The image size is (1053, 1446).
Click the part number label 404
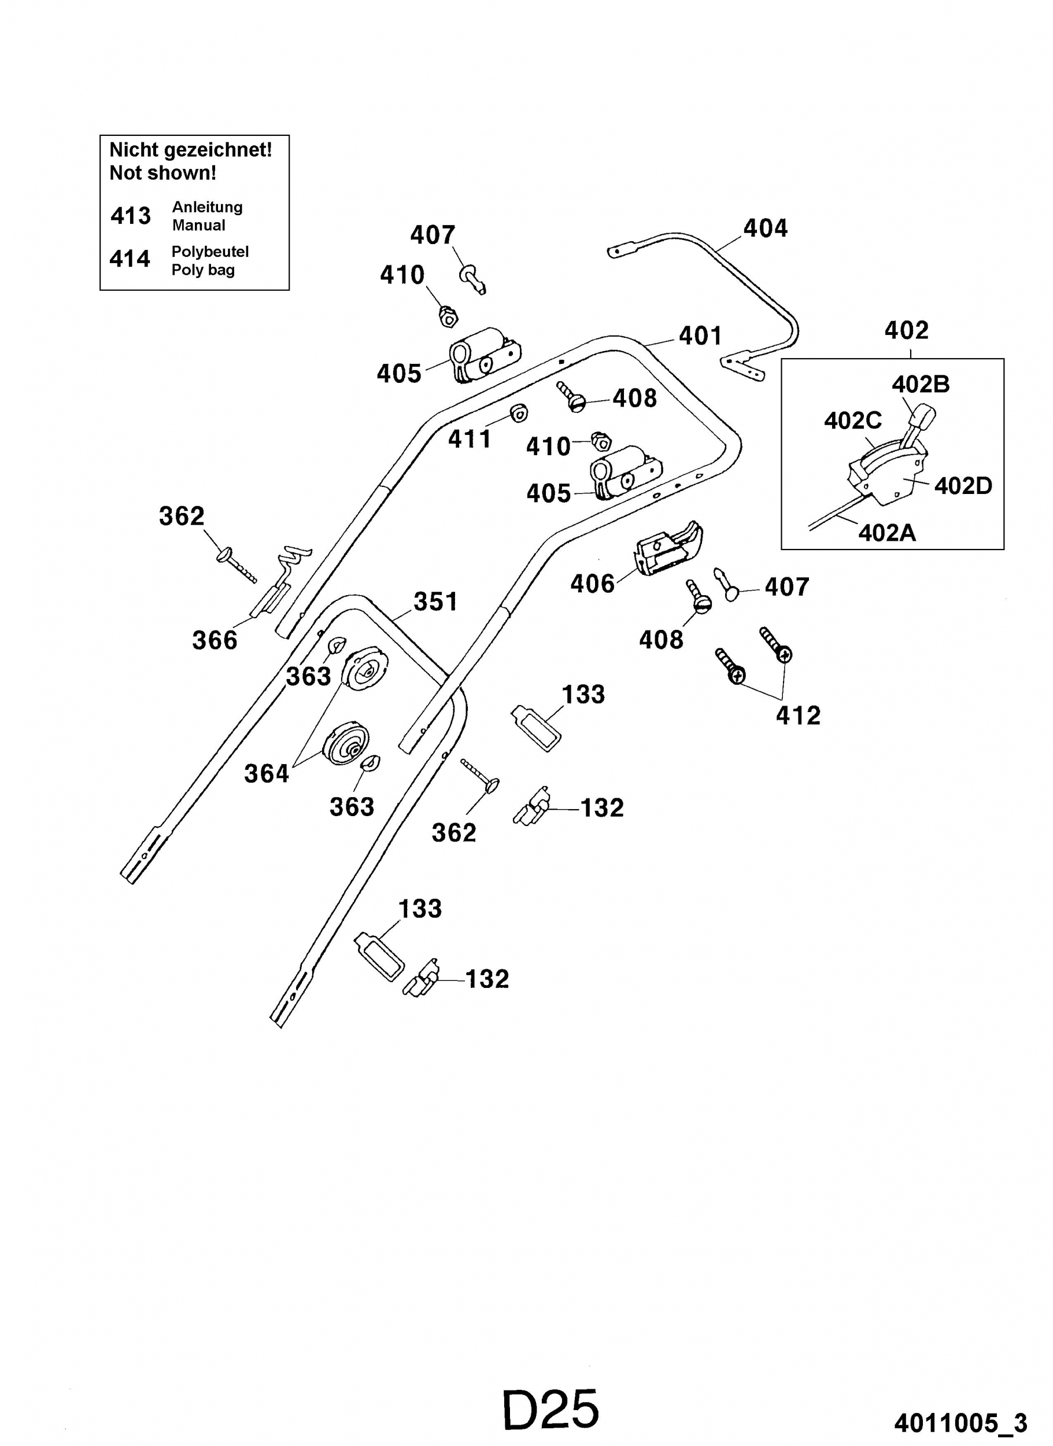pyautogui.click(x=765, y=228)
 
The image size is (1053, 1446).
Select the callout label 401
pyautogui.click(x=700, y=336)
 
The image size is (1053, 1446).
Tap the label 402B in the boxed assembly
pyautogui.click(x=921, y=385)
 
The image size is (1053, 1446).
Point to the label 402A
pyautogui.click(x=886, y=532)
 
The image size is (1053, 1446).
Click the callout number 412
pyautogui.click(x=798, y=716)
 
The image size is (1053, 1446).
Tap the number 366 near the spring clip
pyautogui.click(x=215, y=640)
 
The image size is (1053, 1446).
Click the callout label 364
pyautogui.click(x=267, y=774)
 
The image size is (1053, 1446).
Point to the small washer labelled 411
pyautogui.click(x=519, y=413)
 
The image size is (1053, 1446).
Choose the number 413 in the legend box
pyautogui.click(x=131, y=216)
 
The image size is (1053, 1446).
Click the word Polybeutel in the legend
pyautogui.click(x=210, y=252)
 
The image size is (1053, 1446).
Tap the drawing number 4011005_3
pyautogui.click(x=960, y=1423)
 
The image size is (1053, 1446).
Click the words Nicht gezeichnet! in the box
pyautogui.click(x=191, y=150)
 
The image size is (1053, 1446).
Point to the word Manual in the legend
pyautogui.click(x=198, y=226)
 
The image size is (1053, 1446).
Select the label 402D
pyautogui.click(x=963, y=486)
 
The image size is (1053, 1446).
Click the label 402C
pyautogui.click(x=853, y=421)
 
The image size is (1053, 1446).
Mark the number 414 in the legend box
pyautogui.click(x=130, y=259)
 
